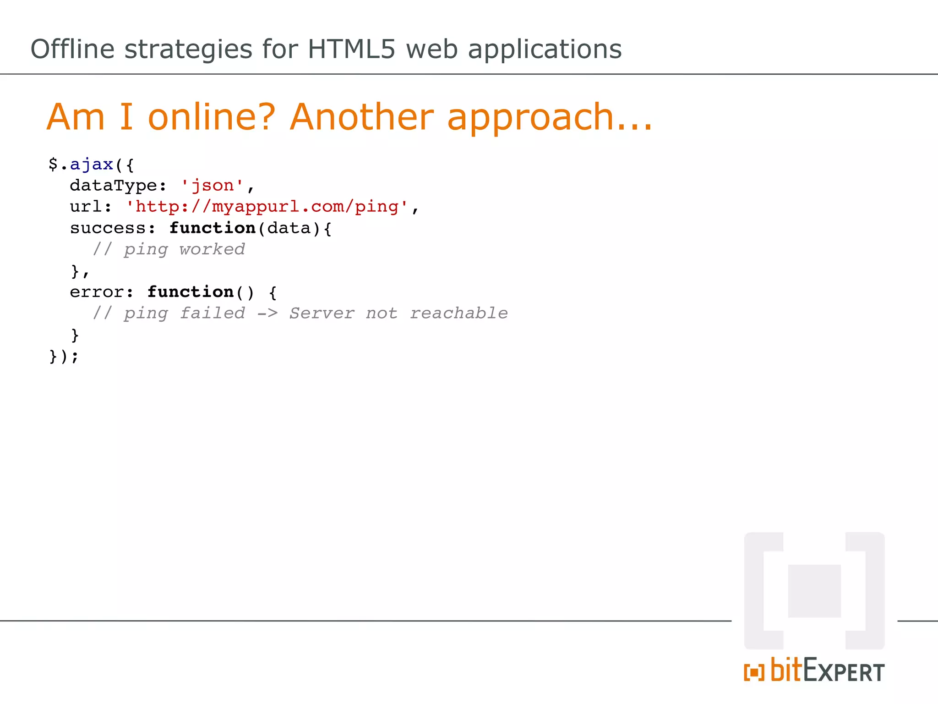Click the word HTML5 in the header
tap(351, 49)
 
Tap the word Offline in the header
tap(72, 49)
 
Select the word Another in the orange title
tap(361, 117)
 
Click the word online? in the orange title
tap(212, 117)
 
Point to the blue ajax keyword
tap(91, 164)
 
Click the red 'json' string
tap(212, 186)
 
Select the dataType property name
tap(114, 186)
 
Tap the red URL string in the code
tap(267, 207)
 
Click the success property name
tap(108, 228)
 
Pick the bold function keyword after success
tap(212, 228)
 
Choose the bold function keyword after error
tap(191, 292)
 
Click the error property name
tap(97, 292)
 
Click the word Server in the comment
tap(322, 313)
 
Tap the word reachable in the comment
tap(458, 313)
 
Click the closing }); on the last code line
tap(64, 356)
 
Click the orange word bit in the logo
tap(786, 670)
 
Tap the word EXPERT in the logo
tap(844, 672)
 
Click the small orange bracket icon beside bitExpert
tap(754, 672)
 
